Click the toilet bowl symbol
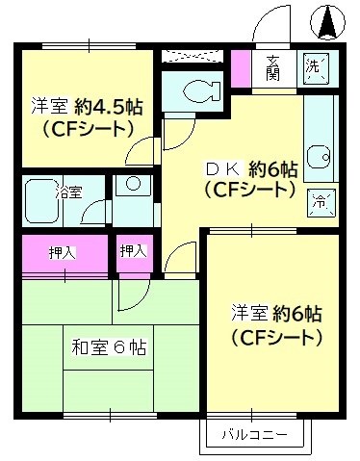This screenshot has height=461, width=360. click(196, 92)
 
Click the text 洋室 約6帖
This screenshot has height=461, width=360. click(275, 313)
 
